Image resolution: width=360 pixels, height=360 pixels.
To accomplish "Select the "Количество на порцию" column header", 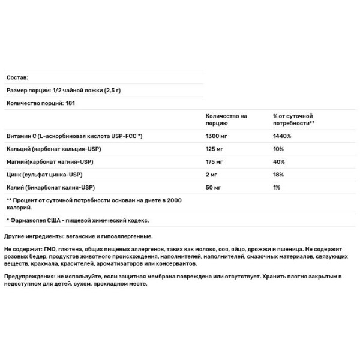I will [226, 119].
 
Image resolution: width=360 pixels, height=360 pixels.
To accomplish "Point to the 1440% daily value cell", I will [281, 136].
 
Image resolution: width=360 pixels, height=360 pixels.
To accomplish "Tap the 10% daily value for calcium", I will [278, 149].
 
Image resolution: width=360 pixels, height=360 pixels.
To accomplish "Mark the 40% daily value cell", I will [278, 163].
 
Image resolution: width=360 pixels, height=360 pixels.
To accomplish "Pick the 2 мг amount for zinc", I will [212, 176].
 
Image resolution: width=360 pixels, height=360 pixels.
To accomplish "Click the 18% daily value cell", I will [278, 176].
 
